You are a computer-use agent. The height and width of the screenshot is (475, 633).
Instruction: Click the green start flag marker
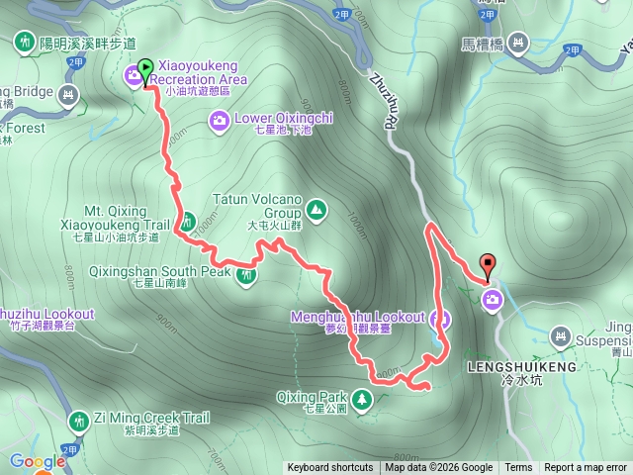coord(145,70)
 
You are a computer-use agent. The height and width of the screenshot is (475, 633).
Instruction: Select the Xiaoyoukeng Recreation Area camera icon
coord(133,75)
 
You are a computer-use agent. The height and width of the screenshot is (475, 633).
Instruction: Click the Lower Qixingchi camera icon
coord(219,120)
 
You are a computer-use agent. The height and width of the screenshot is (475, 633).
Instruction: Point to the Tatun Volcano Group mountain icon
coord(316,209)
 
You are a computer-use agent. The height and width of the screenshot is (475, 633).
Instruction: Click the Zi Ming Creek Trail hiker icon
coord(78,423)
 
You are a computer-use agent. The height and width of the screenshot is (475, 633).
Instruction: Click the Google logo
coord(37,461)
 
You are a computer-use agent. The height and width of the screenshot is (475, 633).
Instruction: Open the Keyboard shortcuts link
coord(330,468)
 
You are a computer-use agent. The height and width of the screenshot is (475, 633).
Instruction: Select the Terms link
coord(518,468)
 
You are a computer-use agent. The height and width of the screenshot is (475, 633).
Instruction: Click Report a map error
coord(587,468)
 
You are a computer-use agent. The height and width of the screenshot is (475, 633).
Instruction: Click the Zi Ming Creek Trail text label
coord(152,419)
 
